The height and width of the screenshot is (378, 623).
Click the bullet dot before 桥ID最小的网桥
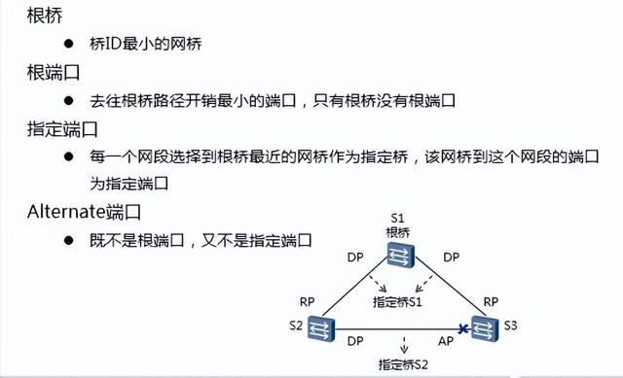click(70, 45)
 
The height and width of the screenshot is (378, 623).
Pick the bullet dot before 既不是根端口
click(70, 238)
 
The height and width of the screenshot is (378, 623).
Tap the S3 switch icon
click(484, 327)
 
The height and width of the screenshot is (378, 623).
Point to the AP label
click(445, 341)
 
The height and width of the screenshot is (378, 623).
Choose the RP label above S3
click(491, 301)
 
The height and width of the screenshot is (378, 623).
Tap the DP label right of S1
click(450, 257)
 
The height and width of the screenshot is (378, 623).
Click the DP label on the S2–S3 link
click(356, 341)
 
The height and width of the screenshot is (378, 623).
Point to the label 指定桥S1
click(399, 302)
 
